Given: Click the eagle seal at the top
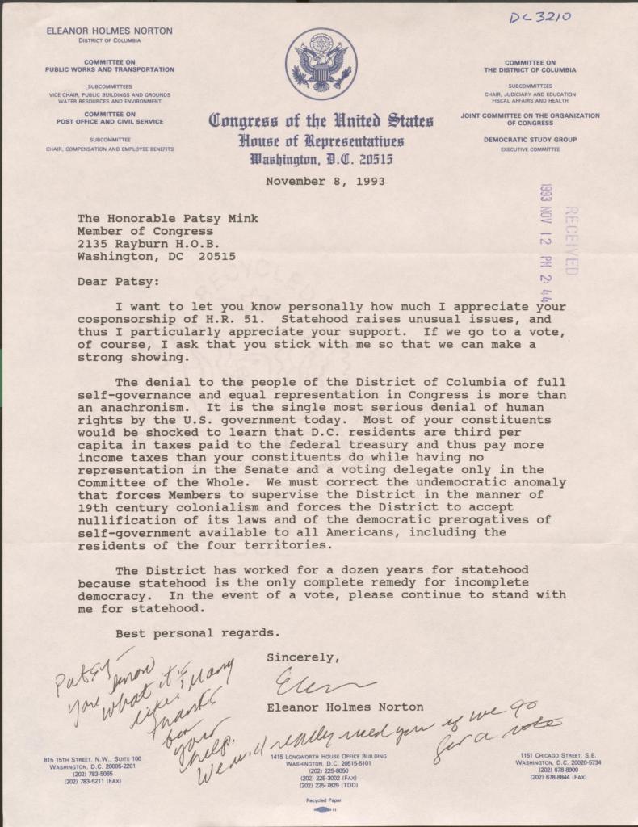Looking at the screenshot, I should point(321,64).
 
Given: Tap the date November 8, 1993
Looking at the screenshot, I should point(325,181).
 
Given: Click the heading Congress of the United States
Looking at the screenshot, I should point(321,122).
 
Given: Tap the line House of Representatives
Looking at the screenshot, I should point(321,141).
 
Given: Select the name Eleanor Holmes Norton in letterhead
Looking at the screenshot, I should point(109,31).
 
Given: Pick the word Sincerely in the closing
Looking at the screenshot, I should point(298,657).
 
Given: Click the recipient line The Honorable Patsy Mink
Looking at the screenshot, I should point(168,218).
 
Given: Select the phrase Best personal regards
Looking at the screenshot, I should point(198,632).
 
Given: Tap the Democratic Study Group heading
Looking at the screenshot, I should point(530,140).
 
